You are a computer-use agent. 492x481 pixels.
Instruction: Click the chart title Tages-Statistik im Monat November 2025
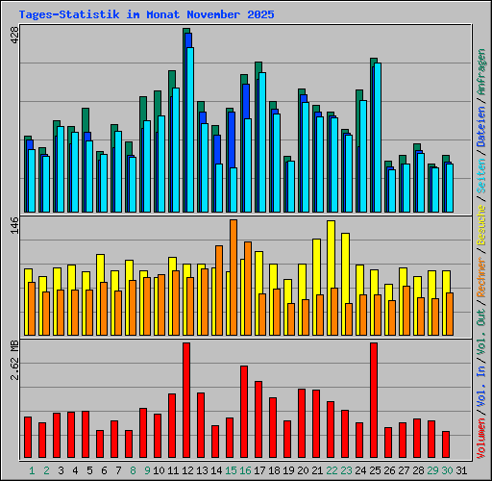(x=146, y=14)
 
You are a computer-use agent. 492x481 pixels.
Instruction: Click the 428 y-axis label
(x=13, y=37)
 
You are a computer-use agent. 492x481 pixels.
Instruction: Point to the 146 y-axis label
(x=13, y=227)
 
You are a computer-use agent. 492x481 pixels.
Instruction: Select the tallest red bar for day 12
(x=186, y=401)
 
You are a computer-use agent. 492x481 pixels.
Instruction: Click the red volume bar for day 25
(x=374, y=401)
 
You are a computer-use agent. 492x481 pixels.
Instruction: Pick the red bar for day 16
(x=244, y=412)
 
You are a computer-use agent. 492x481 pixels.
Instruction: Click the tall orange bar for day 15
(x=234, y=277)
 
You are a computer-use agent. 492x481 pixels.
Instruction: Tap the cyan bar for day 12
(x=190, y=130)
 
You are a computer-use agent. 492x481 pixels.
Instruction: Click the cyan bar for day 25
(x=378, y=138)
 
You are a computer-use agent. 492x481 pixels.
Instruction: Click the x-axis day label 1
(x=32, y=470)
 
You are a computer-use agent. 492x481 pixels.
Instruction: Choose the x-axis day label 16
(x=245, y=470)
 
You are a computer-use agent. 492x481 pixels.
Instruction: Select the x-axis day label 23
(x=346, y=470)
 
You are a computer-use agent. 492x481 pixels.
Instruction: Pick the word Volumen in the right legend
(x=481, y=442)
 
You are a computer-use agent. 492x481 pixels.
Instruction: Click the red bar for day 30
(x=446, y=444)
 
